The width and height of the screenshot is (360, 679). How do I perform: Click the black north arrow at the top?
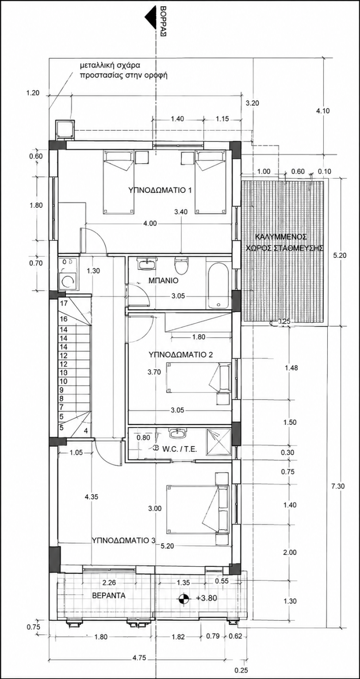[x=150, y=23]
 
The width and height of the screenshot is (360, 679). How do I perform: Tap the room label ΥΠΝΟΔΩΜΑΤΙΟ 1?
[x=160, y=191]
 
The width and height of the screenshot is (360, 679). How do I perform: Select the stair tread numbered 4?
[x=86, y=431]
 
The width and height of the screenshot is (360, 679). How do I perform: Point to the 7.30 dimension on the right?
[x=338, y=486]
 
